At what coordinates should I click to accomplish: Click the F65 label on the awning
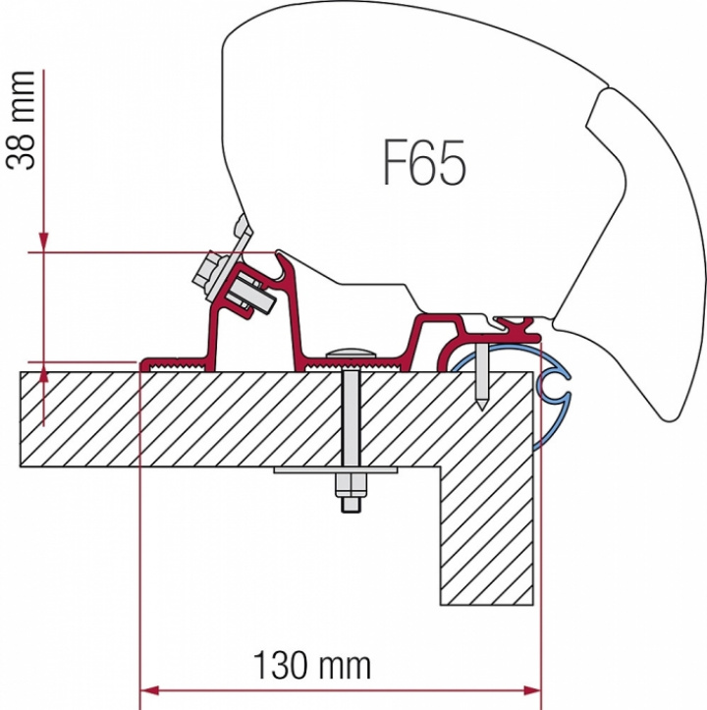(x=423, y=162)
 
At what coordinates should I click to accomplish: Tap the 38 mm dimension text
(x=25, y=120)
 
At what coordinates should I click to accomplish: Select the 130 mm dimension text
(x=312, y=667)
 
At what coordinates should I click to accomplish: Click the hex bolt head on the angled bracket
(x=211, y=270)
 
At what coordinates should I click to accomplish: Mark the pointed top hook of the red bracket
(x=284, y=258)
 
